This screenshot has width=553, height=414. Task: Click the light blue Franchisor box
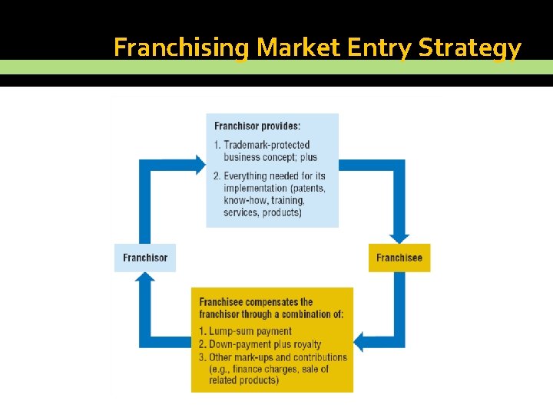click(144, 258)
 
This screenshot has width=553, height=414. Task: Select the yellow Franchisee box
click(399, 258)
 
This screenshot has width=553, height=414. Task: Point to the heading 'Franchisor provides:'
click(257, 127)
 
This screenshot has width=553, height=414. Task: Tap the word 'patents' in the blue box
click(307, 188)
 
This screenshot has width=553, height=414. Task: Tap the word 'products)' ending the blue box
click(282, 212)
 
